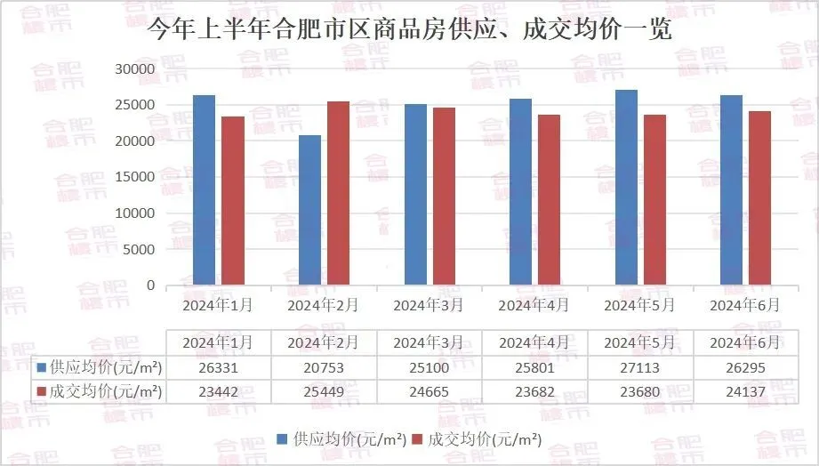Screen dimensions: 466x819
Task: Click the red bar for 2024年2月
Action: (338, 193)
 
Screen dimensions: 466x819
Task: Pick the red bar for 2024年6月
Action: (759, 198)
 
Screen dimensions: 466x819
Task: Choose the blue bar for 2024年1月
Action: (205, 190)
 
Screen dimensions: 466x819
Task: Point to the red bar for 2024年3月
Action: (444, 197)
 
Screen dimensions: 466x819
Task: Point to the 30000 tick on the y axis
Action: (136, 69)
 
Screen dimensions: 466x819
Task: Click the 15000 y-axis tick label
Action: (136, 178)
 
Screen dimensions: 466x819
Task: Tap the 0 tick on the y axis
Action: (150, 286)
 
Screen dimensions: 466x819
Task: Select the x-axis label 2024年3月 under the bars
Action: (429, 305)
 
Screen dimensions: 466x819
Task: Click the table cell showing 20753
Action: (324, 366)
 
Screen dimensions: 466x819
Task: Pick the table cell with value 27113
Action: (639, 366)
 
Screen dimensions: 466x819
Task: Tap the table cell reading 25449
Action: (324, 391)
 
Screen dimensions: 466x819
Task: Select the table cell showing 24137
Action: (745, 391)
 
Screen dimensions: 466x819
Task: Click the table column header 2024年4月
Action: (534, 342)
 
